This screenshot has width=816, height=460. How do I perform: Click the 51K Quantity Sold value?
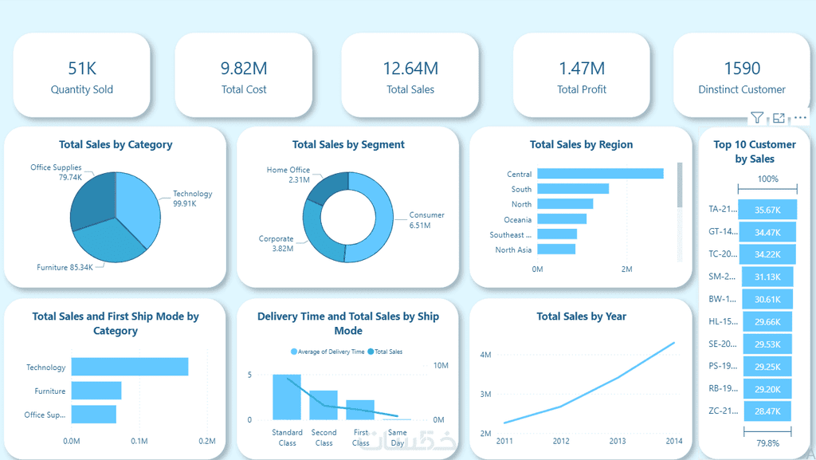pos(81,69)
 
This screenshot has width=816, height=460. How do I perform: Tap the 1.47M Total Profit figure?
pos(582,69)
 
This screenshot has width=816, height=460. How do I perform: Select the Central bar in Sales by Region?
pos(600,174)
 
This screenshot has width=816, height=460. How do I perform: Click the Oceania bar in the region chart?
pos(562,219)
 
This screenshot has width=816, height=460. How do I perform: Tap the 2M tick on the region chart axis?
pos(626,269)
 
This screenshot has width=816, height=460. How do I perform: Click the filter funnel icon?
pos(757,118)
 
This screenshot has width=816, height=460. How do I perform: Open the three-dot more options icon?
pos(801,118)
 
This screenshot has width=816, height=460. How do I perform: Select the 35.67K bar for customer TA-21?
pos(767,210)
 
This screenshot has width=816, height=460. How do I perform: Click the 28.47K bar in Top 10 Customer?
pos(768,411)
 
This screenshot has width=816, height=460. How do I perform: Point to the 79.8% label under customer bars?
pos(767,442)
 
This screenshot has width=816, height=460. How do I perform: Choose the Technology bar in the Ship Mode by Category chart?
pos(130,367)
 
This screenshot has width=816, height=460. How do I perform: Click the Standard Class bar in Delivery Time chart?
pos(287,397)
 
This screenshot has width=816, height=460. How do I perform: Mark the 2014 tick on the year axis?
pos(674,441)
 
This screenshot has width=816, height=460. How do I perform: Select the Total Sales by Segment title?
pos(348,144)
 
